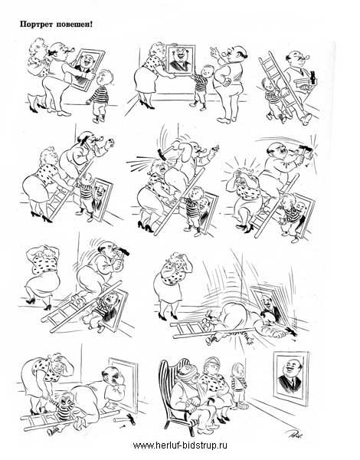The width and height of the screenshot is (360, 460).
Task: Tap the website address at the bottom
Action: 180,445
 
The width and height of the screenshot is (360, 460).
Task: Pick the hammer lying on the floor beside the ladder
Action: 129,419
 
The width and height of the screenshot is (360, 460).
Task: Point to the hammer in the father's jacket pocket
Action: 313,77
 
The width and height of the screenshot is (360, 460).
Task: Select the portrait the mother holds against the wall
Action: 180,59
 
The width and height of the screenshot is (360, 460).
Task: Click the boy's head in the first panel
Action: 104,78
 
